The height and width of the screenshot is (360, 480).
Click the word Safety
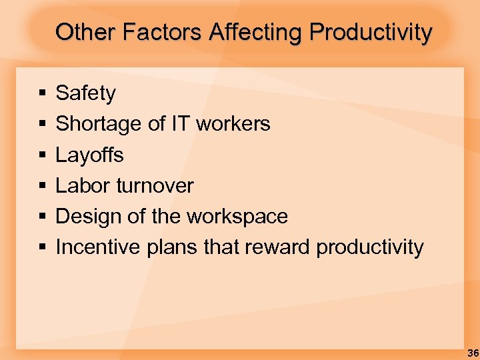85,93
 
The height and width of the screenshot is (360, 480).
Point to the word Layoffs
89,155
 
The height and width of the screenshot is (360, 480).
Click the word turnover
155,185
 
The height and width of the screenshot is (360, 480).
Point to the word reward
278,247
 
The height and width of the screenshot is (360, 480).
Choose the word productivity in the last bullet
370,248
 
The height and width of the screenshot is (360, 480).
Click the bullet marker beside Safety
41,94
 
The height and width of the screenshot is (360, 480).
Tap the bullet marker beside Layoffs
41,155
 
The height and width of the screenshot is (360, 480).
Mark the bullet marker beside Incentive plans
41,248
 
